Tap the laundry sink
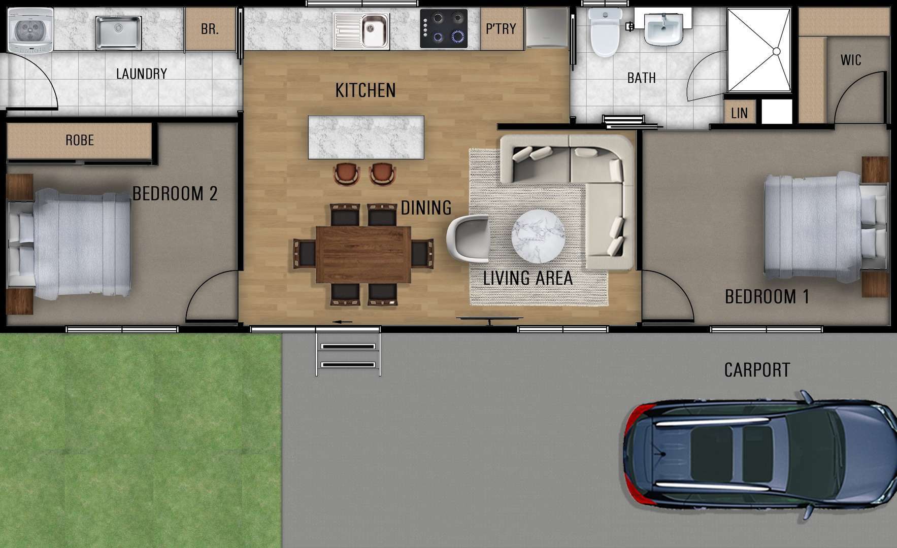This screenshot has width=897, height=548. [x=119, y=33]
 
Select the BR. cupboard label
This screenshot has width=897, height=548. [x=210, y=29]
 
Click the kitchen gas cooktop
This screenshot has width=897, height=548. [x=444, y=29]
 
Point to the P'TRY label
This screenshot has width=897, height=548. [x=501, y=29]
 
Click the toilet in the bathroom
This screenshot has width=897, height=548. [x=604, y=31]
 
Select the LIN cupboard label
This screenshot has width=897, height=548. [x=739, y=113]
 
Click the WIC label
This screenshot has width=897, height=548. [x=851, y=60]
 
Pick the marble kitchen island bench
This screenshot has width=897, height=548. [x=366, y=137]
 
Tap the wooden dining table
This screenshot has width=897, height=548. [x=363, y=254]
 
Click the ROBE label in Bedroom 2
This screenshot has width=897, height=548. [x=80, y=140]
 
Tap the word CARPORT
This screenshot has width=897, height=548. [x=757, y=370]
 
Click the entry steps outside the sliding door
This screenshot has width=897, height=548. [x=348, y=352]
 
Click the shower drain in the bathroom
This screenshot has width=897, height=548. [x=776, y=51]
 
